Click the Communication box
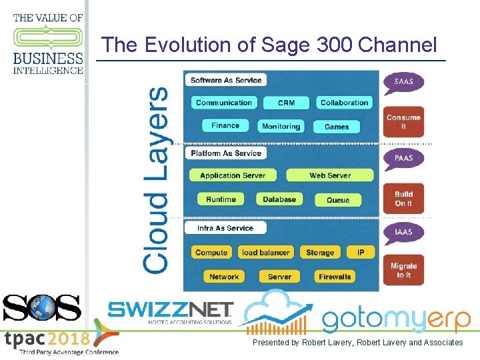224,103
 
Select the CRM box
286,103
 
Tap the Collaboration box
344,103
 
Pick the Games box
337,127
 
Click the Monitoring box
281,126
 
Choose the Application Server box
233,175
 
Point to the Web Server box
329,175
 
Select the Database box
279,199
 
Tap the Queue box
338,200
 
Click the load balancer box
265,253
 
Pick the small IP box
361,253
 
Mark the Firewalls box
335,277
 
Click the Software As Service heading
226,80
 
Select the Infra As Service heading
225,228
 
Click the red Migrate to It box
403,270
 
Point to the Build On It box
403,199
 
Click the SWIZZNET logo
170,311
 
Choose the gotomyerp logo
396,319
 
